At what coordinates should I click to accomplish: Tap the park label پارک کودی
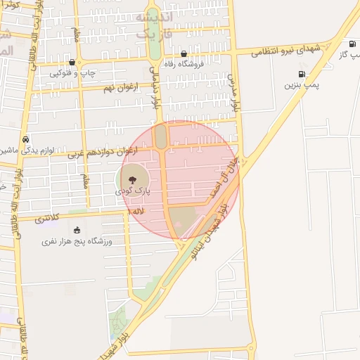click(134, 191)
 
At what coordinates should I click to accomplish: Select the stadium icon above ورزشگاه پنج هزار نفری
click(77, 230)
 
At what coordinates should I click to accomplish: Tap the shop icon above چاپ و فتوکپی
click(72, 62)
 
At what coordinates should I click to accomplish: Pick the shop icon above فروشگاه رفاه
click(184, 53)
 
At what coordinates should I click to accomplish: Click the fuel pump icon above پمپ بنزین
click(302, 74)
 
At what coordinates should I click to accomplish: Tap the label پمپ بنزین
click(302, 85)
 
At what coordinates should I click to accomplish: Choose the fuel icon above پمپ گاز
click(352, 44)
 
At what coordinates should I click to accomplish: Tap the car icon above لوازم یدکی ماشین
click(25, 139)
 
